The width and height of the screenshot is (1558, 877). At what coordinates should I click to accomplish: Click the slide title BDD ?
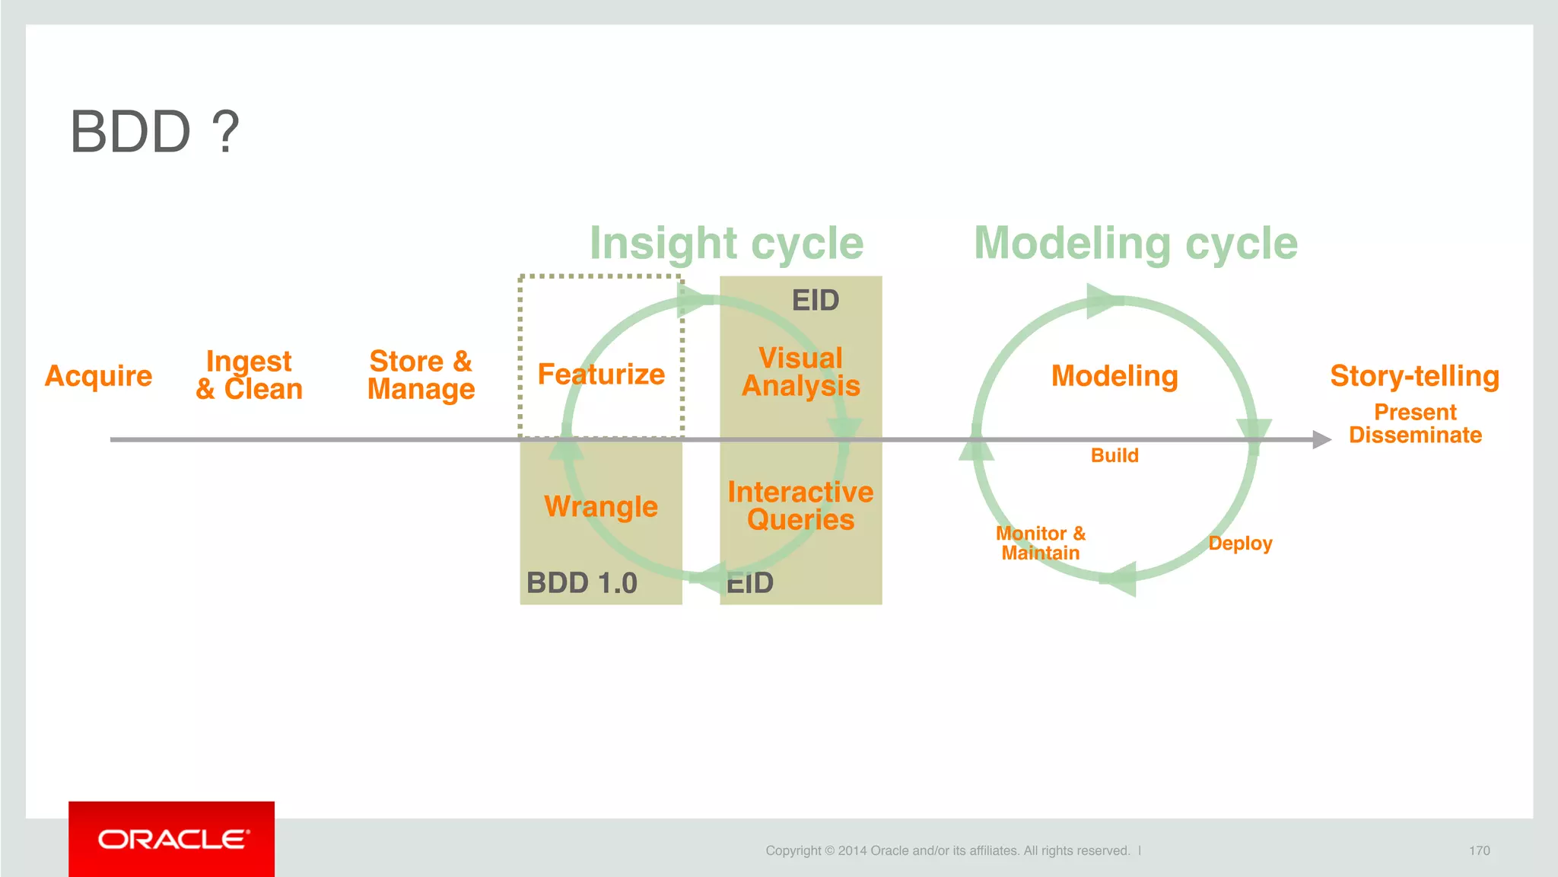click(x=154, y=132)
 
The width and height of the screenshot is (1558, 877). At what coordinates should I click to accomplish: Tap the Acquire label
click(x=99, y=376)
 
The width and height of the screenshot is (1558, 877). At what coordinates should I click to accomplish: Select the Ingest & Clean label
click(x=249, y=375)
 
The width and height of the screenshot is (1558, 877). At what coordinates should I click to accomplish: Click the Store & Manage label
click(x=421, y=375)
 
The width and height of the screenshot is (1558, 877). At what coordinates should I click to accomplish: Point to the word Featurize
click(x=601, y=375)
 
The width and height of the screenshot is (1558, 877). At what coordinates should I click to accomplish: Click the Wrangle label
click(x=601, y=506)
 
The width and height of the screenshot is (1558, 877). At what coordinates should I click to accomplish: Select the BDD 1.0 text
click(x=581, y=583)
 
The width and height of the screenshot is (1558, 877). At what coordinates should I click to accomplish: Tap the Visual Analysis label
click(x=801, y=372)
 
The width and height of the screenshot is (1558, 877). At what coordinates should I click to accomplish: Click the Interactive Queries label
click(x=800, y=506)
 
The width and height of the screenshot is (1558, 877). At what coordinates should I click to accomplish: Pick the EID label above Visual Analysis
click(x=816, y=301)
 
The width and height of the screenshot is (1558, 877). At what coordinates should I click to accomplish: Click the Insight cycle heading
click(x=727, y=244)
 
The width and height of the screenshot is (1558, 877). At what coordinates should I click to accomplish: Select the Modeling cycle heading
click(x=1136, y=244)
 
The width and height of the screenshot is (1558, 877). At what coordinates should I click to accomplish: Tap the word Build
click(x=1114, y=456)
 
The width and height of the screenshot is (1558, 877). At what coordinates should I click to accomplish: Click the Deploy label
click(x=1240, y=544)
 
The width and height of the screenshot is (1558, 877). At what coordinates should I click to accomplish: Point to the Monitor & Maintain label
click(x=1041, y=544)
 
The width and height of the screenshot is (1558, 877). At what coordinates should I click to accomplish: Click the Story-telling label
click(x=1414, y=376)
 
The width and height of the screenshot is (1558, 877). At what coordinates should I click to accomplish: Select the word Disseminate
click(x=1415, y=435)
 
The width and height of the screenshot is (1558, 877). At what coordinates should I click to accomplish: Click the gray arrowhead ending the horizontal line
click(x=1321, y=439)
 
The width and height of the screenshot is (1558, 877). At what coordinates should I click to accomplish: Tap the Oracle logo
click(x=172, y=839)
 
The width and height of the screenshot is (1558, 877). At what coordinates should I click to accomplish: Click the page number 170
click(x=1479, y=851)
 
